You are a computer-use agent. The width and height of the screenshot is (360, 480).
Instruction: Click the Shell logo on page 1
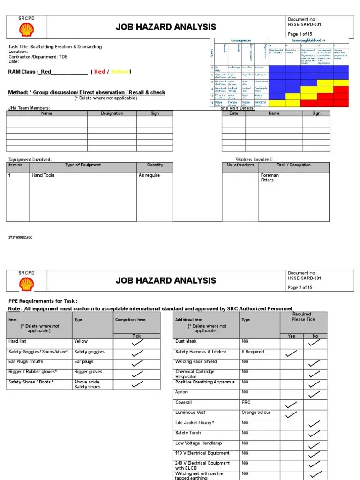coord(26,30)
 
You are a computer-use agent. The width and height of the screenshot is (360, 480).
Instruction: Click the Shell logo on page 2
coord(26,284)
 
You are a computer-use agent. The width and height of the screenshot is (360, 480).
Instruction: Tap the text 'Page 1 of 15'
coord(300,34)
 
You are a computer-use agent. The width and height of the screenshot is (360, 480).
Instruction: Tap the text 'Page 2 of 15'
coord(300,288)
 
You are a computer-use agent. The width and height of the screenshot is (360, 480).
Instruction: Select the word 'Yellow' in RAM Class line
coord(120,72)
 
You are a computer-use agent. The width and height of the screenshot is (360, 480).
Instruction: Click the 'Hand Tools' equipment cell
coord(43,175)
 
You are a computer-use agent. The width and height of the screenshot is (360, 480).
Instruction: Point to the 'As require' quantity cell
coord(149,175)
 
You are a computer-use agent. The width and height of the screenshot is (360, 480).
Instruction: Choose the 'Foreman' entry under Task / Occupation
coord(270,175)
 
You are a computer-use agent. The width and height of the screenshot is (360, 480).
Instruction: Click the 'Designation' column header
coord(112,113)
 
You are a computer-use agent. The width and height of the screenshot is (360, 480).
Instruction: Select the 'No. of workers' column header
coord(240,165)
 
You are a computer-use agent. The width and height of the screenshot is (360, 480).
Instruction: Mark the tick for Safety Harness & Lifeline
coord(291,353)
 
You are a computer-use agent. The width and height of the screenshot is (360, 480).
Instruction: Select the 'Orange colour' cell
coord(256,412)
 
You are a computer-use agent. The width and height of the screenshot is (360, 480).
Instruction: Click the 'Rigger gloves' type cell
coord(88,372)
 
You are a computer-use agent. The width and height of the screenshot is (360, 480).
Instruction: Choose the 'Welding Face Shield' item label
coord(196,362)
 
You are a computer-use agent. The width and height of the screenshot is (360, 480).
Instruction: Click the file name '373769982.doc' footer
coord(21,238)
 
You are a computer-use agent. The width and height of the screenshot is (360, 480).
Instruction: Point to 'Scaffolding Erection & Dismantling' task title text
coord(66,47)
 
